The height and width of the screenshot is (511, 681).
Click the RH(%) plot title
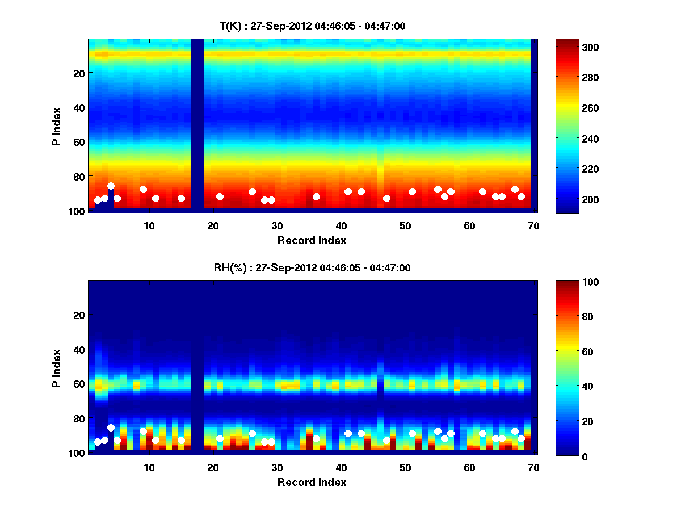tap(312, 268)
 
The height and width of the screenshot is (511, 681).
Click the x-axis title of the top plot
tap(312, 240)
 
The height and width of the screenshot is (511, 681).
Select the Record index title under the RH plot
tap(312, 483)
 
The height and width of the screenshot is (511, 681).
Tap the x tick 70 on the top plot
tap(533, 225)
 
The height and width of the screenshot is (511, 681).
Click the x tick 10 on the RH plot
tap(149, 468)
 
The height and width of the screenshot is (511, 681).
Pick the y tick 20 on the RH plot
tap(79, 315)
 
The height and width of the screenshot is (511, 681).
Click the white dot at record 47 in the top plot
tap(386, 198)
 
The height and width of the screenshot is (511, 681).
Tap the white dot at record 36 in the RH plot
tap(316, 438)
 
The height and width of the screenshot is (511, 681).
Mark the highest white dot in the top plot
tap(111, 186)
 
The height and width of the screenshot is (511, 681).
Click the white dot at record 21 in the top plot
tap(220, 196)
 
